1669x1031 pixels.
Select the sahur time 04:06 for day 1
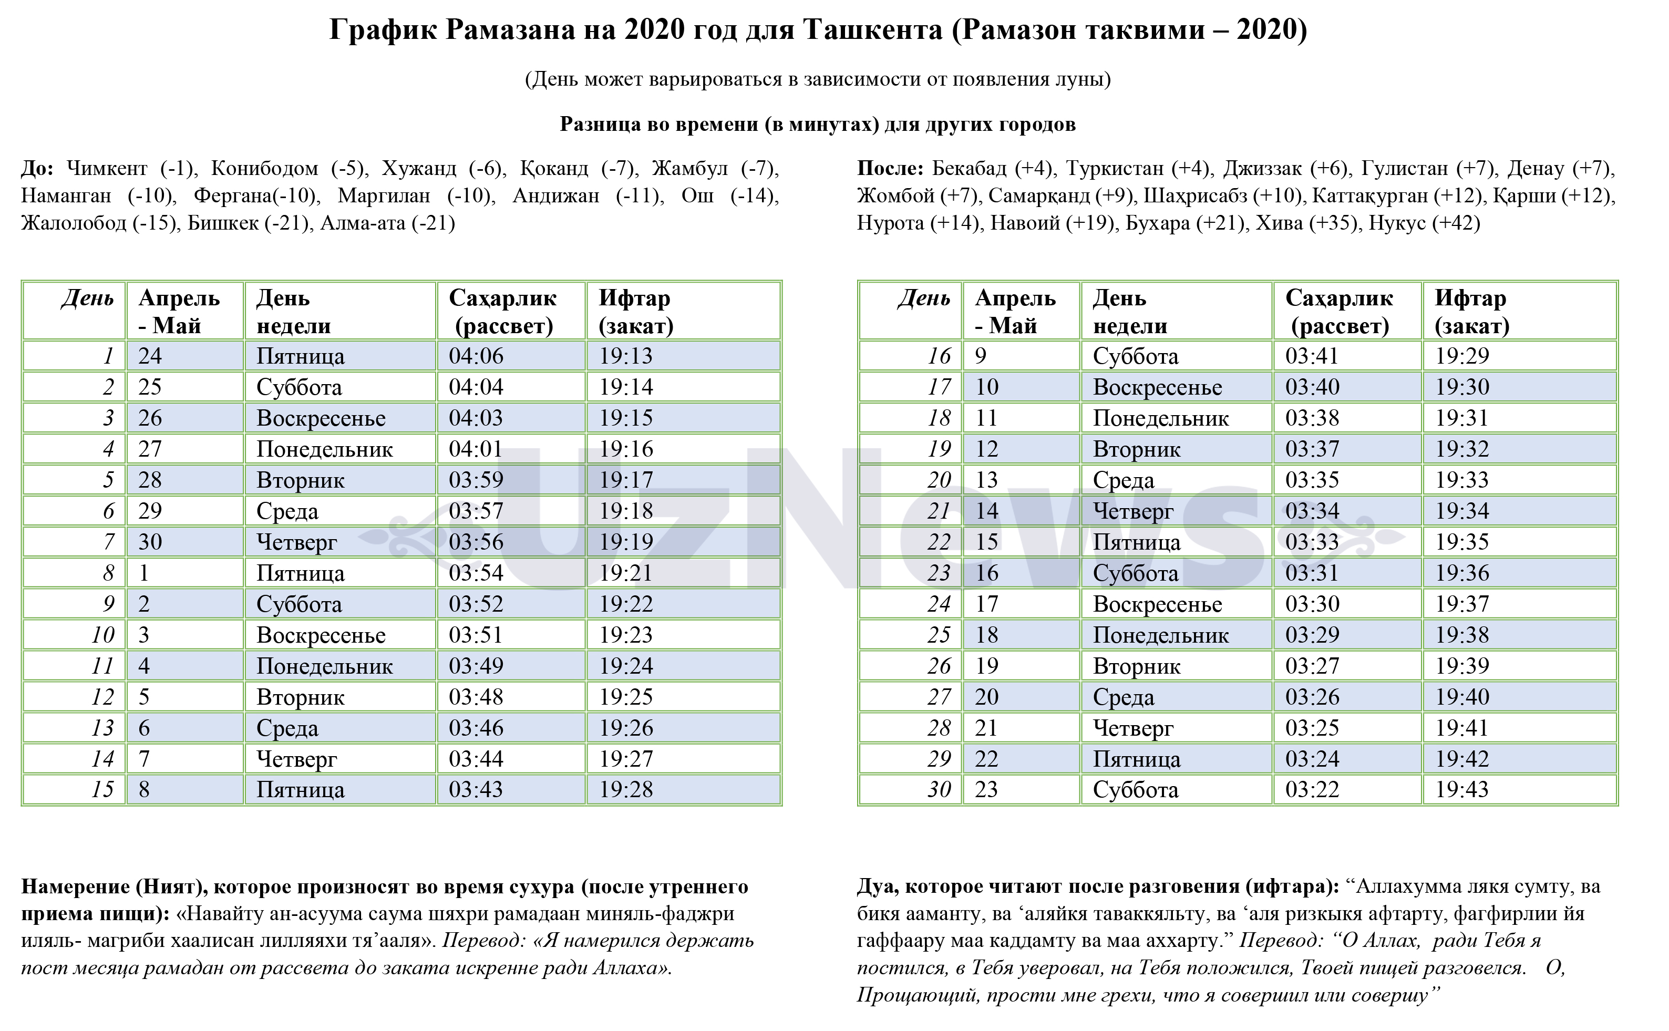click(476, 356)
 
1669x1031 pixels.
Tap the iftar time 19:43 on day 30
click(1462, 790)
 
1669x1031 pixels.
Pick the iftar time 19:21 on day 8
click(626, 573)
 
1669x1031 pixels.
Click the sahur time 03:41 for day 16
click(1312, 356)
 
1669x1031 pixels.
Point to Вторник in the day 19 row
click(1137, 449)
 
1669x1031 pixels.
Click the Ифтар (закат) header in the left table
click(635, 312)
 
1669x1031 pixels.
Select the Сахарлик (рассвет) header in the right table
click(1339, 312)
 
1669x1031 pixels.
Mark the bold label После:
click(890, 169)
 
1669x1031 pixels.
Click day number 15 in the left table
click(103, 790)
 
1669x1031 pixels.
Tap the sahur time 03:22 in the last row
click(1312, 790)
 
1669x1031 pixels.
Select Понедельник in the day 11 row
click(325, 666)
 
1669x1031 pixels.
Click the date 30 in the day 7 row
click(150, 542)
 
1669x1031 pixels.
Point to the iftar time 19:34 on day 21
click(1462, 511)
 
